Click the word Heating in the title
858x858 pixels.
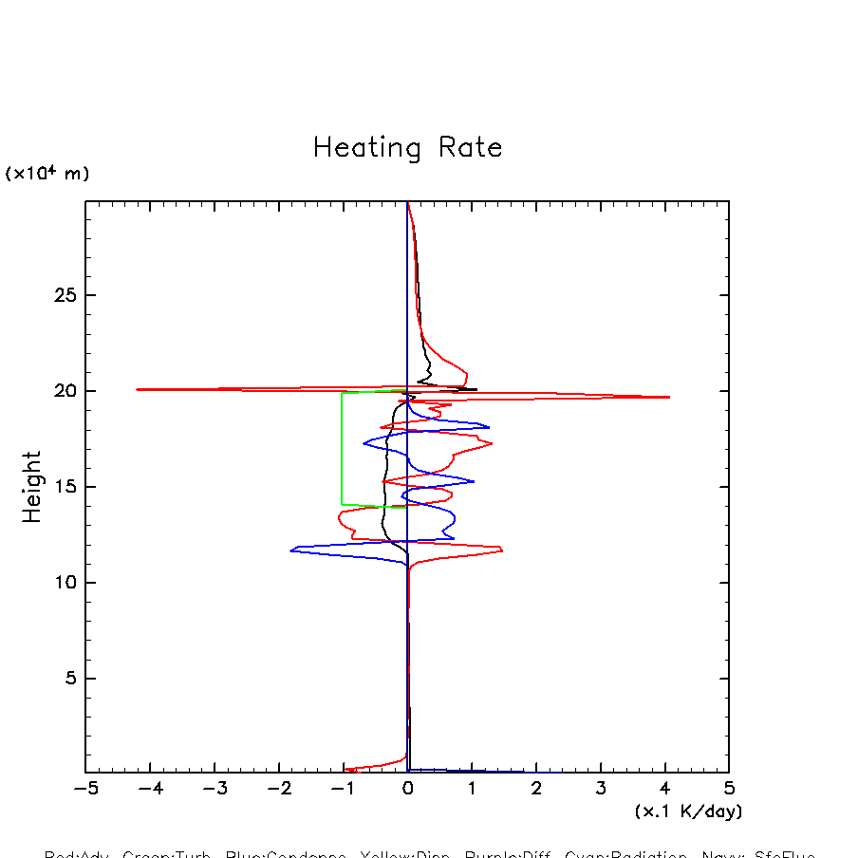coord(366,149)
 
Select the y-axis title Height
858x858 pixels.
coord(32,487)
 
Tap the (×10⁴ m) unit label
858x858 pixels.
coord(47,174)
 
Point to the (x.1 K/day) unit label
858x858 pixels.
coord(688,811)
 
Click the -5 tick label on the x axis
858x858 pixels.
coord(85,789)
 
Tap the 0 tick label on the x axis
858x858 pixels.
coord(407,789)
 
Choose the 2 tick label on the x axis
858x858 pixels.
coord(536,789)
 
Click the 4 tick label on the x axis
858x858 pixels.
coord(664,789)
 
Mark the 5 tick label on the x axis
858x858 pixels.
coord(729,789)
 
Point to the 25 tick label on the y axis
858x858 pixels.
coord(63,295)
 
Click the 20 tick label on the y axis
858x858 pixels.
coord(63,391)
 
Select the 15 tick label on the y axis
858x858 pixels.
coord(63,487)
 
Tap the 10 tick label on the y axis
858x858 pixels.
coord(63,583)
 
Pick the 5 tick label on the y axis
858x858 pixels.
coord(68,679)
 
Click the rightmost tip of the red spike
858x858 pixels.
coord(669,397)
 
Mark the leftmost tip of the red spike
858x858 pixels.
coord(137,389)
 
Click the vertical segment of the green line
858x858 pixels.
coord(342,448)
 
